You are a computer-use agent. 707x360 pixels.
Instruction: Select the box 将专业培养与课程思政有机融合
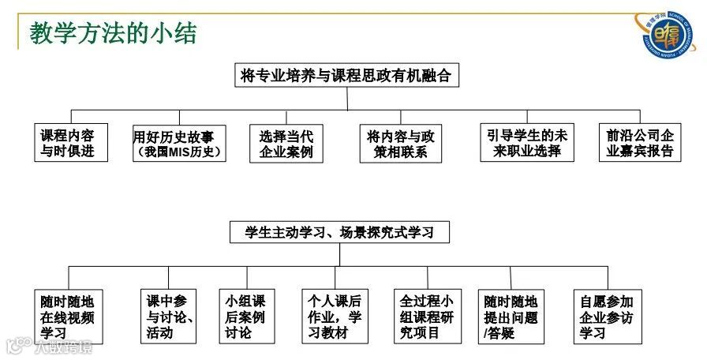tap(346, 76)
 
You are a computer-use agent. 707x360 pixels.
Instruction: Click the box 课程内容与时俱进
tap(67, 143)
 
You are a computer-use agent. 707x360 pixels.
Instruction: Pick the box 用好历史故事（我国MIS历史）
tap(179, 143)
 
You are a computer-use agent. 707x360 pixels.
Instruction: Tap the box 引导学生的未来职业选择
tap(527, 143)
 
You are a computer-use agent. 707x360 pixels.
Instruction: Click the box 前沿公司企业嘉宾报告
tap(639, 143)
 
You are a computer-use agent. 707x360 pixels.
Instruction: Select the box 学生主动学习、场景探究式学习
tap(339, 232)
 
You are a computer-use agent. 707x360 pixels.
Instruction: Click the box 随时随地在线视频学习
tap(68, 317)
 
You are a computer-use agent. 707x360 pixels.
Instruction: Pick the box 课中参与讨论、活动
tap(170, 317)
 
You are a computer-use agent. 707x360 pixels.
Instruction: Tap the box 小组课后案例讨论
tap(245, 317)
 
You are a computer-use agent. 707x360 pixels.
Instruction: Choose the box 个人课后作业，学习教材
tap(335, 317)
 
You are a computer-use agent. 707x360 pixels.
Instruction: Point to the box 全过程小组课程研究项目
tap(426, 317)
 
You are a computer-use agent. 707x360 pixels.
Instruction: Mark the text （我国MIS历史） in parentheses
tap(179, 152)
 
